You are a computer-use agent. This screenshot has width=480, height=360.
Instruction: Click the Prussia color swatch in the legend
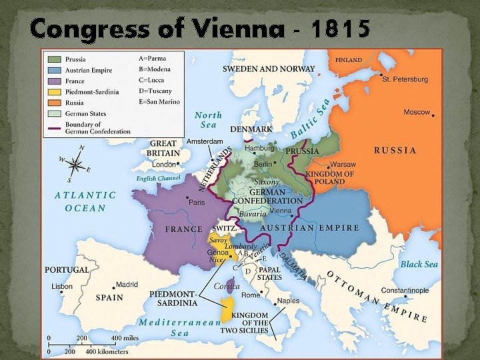54,59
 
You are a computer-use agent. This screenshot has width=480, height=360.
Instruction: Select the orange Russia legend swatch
54,103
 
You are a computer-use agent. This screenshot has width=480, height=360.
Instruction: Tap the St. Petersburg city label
405,79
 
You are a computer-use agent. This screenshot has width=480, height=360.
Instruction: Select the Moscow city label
417,112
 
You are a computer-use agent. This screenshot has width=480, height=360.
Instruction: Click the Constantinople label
424,291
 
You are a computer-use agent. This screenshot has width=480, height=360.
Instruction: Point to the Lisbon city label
61,286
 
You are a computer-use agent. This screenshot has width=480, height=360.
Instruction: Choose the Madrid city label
127,284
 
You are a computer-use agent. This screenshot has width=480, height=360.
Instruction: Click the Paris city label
197,202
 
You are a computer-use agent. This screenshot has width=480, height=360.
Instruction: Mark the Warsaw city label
343,164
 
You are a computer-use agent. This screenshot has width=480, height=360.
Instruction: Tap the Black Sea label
419,264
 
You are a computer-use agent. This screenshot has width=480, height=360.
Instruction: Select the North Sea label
208,120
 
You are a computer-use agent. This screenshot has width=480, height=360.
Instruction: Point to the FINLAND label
349,59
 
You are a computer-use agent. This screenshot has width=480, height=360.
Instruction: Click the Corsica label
227,286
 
